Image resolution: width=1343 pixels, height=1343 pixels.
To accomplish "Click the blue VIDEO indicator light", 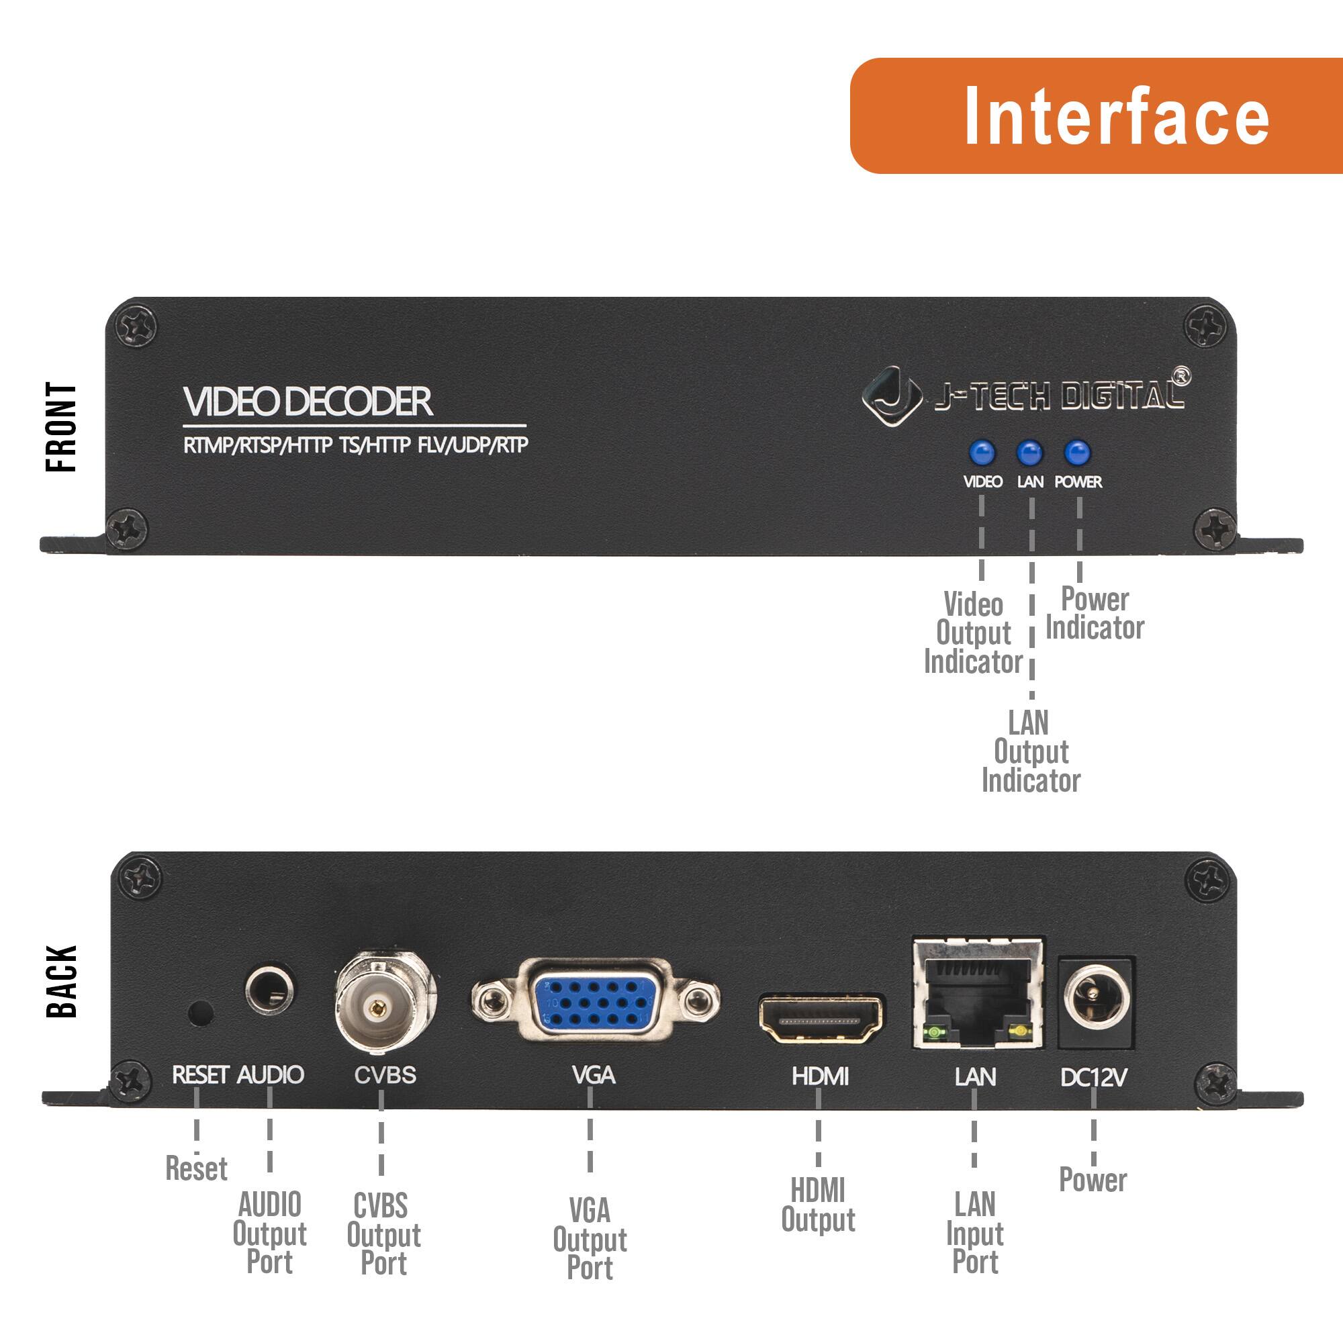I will (982, 453).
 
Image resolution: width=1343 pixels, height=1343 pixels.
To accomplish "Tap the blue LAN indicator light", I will (1029, 453).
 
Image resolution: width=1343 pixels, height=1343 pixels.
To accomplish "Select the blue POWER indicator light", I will (1077, 453).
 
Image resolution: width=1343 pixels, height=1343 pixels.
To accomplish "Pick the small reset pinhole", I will (201, 1013).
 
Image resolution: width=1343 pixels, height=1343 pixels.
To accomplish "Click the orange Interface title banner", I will (1097, 116).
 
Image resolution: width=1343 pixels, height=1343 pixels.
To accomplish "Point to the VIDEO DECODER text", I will (308, 402).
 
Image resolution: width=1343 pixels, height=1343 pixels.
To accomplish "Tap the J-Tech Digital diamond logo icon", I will (892, 395).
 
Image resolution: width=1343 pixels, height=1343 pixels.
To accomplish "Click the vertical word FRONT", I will (61, 427).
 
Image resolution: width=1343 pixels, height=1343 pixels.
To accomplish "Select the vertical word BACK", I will (61, 982).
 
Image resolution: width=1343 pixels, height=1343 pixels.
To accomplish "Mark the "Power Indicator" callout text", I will (1095, 613).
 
